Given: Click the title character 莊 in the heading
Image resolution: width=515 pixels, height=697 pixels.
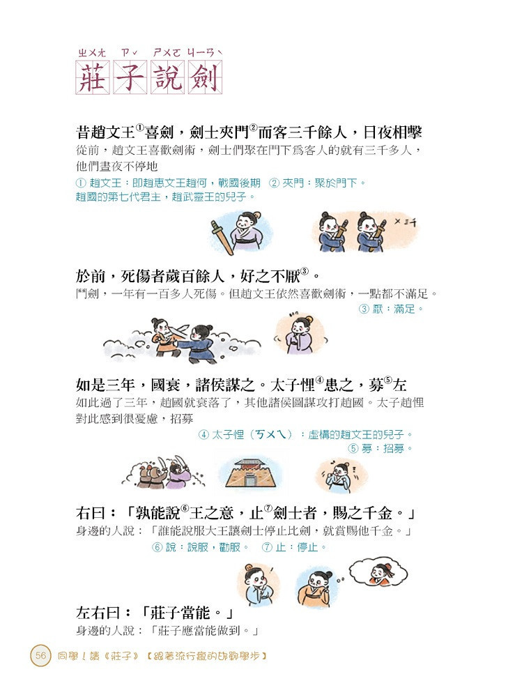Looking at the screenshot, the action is (93, 77).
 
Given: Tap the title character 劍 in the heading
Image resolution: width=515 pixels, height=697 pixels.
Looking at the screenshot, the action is (206, 77).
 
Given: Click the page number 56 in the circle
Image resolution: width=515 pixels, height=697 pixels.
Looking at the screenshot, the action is (41, 655).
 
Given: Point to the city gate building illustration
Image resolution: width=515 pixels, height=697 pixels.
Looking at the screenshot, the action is (252, 473).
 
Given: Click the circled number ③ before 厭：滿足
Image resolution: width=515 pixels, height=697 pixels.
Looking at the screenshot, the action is (364, 309).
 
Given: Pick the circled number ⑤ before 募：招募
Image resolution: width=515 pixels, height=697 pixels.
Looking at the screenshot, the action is (353, 448).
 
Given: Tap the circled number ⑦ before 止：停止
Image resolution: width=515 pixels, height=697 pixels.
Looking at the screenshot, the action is (267, 547).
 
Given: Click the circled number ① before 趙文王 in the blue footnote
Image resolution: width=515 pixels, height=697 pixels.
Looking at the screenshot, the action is (81, 183).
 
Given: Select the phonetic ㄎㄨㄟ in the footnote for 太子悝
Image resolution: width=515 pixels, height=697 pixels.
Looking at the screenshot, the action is (272, 434).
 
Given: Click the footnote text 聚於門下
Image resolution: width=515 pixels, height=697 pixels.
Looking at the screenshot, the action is (335, 183).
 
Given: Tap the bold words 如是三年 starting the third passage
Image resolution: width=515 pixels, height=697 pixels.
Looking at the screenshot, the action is (105, 385).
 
